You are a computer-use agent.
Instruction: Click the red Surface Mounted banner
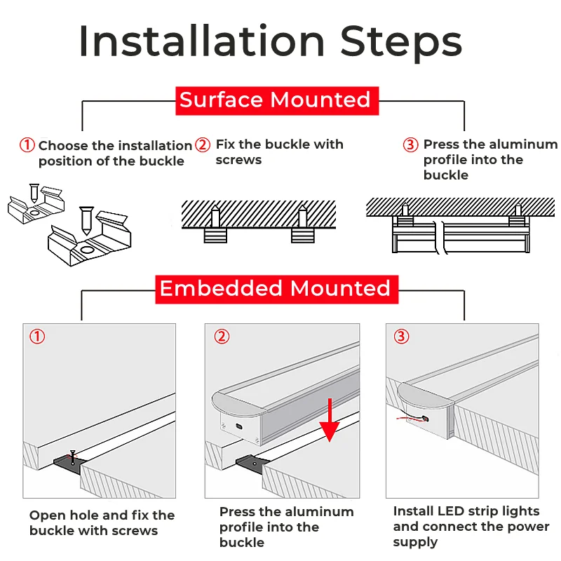pos(276,100)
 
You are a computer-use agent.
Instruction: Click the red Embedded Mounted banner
pos(276,289)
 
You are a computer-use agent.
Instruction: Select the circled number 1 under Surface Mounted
pos(27,145)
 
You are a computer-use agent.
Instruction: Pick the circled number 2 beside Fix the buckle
pos(203,145)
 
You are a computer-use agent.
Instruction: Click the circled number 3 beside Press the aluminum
pos(410,145)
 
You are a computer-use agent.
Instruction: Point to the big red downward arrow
pos(331,421)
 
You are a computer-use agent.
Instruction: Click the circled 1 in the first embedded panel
pos(37,337)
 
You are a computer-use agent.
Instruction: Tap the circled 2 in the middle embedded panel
pos(221,337)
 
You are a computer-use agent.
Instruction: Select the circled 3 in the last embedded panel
pos(400,337)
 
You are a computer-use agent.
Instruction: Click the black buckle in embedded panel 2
pos(250,464)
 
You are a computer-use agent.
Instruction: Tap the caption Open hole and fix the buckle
pos(102,523)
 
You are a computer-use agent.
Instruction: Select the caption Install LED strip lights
pos(471,526)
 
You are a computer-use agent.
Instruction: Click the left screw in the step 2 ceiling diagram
pos(216,215)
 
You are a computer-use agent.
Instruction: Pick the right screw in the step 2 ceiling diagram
pos(302,215)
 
